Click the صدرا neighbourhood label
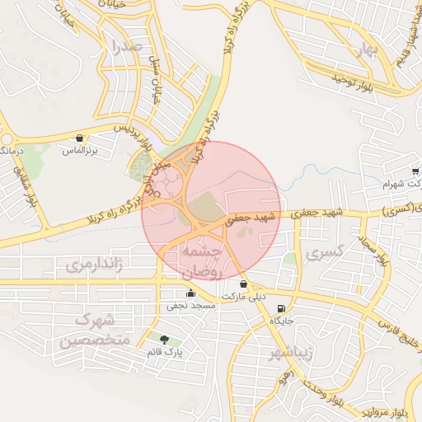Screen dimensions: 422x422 tap(129, 45)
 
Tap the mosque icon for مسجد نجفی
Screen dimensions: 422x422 tap(191, 292)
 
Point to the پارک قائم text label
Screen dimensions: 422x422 tap(165, 353)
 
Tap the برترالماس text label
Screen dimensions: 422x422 tap(79, 152)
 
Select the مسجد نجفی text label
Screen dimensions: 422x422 tap(191, 306)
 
